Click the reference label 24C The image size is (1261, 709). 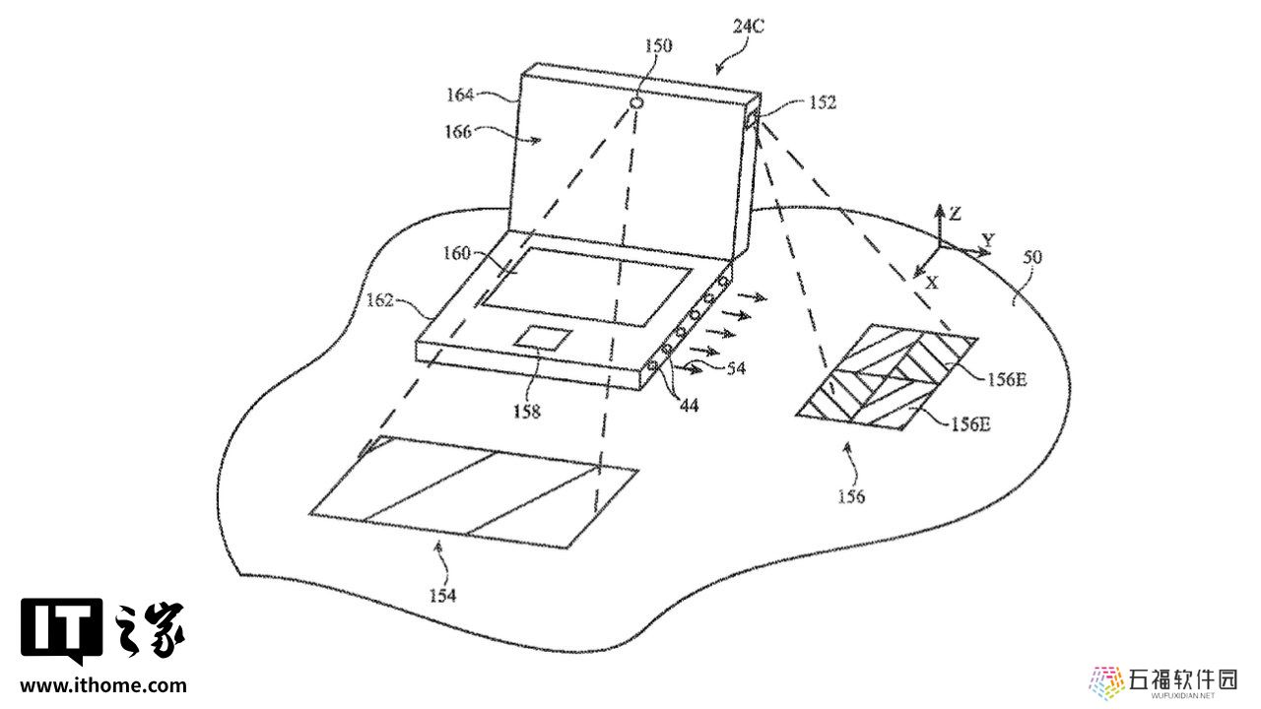(748, 26)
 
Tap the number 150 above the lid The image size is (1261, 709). (658, 45)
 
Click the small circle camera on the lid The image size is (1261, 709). (636, 103)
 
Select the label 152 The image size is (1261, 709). (823, 102)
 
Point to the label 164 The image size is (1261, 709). (460, 95)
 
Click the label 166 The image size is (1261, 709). (458, 132)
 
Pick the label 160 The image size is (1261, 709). (456, 253)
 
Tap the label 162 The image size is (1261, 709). (379, 300)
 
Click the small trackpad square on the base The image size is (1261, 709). (544, 338)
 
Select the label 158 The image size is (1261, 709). (526, 412)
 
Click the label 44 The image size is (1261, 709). (690, 405)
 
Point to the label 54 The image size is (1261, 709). (736, 368)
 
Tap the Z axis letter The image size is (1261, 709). (956, 215)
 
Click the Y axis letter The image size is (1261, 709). (988, 240)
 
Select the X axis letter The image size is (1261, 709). (932, 283)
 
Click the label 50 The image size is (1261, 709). (1032, 257)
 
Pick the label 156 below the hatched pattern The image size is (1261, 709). (851, 496)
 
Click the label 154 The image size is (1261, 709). (442, 596)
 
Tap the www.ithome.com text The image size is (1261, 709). (103, 685)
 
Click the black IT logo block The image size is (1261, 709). (62, 629)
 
